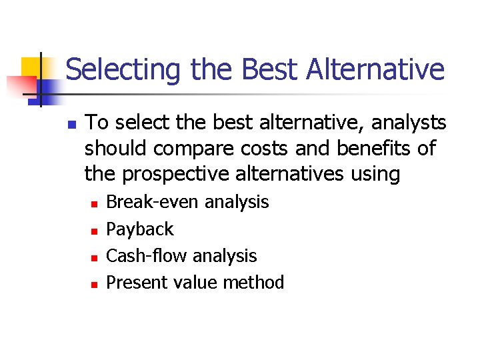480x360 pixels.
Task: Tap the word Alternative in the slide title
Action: pos(376,69)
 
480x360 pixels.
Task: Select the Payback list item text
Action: pos(140,229)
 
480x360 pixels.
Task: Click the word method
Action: pos(253,283)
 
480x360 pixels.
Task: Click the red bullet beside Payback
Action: pos(94,231)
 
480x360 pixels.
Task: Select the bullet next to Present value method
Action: pos(94,284)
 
